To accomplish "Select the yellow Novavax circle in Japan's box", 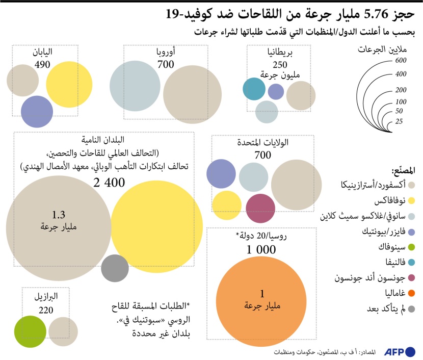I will tap(69, 84).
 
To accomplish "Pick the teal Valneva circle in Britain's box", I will tap(254, 89).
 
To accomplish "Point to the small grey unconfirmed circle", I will tap(115, 268).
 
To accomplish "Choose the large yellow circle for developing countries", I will tap(156, 227).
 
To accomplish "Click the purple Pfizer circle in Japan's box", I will tap(37, 111).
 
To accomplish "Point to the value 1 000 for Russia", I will tap(261, 250).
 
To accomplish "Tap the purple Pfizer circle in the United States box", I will tap(220, 173).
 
